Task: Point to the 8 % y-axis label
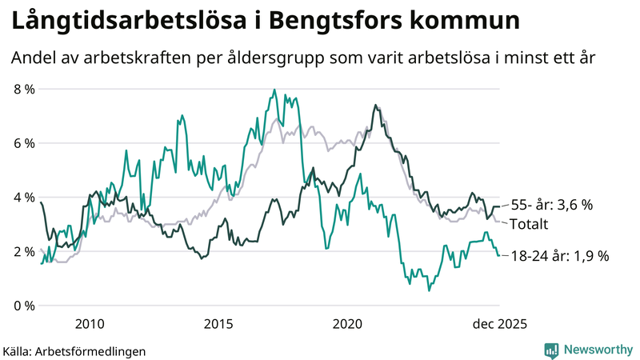point(24,89)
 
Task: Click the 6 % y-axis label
point(24,143)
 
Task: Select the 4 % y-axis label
point(24,197)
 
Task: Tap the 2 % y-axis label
point(24,251)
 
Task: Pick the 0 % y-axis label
point(24,306)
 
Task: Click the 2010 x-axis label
point(89,324)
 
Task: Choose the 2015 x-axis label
point(218,324)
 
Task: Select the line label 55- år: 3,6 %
point(552,205)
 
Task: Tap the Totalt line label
point(529,223)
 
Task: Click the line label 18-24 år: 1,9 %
point(559,256)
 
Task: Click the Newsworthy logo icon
point(551,350)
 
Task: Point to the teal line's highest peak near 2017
point(274,90)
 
